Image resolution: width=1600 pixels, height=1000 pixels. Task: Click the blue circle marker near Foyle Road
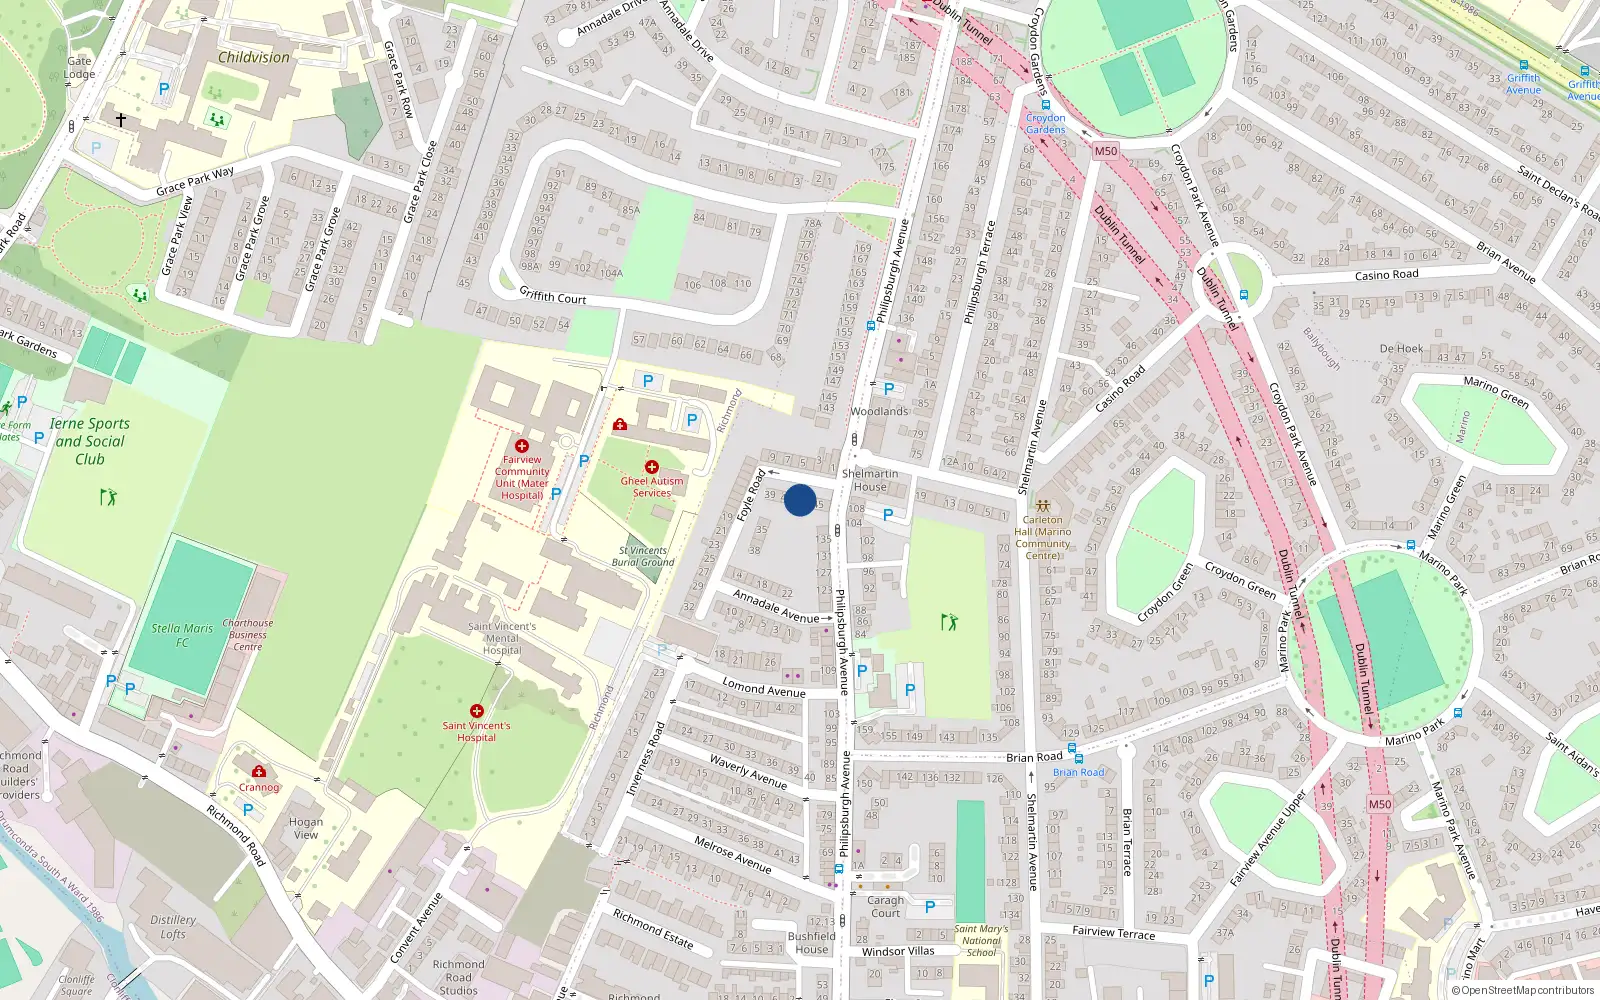pyautogui.click(x=800, y=500)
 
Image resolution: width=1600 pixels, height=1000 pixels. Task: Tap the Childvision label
pyautogui.click(x=254, y=58)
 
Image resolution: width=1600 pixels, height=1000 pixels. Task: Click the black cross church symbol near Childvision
pyautogui.click(x=121, y=120)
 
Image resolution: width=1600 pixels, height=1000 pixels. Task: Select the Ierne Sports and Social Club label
pyautogui.click(x=90, y=441)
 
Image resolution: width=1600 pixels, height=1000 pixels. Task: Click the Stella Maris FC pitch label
pyautogui.click(x=182, y=635)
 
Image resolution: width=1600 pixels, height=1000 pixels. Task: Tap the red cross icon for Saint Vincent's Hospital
pyautogui.click(x=477, y=711)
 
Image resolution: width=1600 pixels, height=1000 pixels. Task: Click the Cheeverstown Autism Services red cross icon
pyautogui.click(x=652, y=467)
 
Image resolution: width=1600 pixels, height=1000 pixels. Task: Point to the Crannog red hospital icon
pyautogui.click(x=259, y=771)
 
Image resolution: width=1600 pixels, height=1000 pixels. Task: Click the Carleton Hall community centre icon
pyautogui.click(x=1043, y=506)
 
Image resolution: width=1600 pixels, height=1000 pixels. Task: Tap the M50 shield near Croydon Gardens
pyautogui.click(x=1105, y=152)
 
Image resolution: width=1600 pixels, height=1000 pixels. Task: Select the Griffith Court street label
pyautogui.click(x=553, y=296)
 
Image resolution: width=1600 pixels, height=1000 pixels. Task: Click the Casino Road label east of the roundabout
pyautogui.click(x=1386, y=275)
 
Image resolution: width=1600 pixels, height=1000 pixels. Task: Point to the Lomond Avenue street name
pyautogui.click(x=764, y=688)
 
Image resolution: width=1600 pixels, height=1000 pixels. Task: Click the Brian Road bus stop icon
pyautogui.click(x=1072, y=748)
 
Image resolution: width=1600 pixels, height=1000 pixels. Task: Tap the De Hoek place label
pyautogui.click(x=1401, y=349)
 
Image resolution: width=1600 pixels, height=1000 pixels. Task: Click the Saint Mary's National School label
pyautogui.click(x=981, y=940)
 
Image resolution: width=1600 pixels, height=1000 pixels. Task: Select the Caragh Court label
pyautogui.click(x=885, y=906)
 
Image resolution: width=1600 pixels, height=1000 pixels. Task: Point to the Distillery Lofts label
pyautogui.click(x=173, y=927)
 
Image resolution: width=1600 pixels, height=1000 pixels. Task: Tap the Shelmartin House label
pyautogui.click(x=870, y=480)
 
